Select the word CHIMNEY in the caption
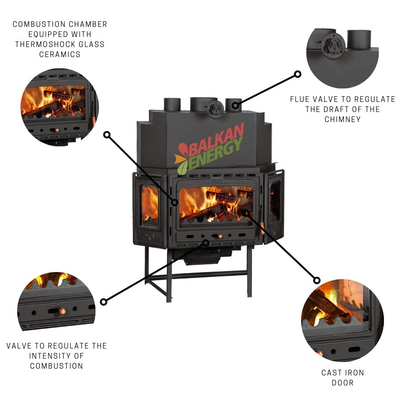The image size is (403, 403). (343, 119)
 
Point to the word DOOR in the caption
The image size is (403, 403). (343, 383)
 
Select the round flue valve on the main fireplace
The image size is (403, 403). (215, 109)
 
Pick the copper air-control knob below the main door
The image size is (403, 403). (220, 236)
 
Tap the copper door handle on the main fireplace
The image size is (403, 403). (262, 228)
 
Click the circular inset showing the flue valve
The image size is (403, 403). (342, 58)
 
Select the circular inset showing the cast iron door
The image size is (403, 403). (343, 321)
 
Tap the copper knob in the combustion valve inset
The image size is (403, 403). (62, 311)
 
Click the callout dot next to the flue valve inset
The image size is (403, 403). (298, 74)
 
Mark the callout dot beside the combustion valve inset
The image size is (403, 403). (104, 302)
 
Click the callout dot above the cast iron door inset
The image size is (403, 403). (317, 280)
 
